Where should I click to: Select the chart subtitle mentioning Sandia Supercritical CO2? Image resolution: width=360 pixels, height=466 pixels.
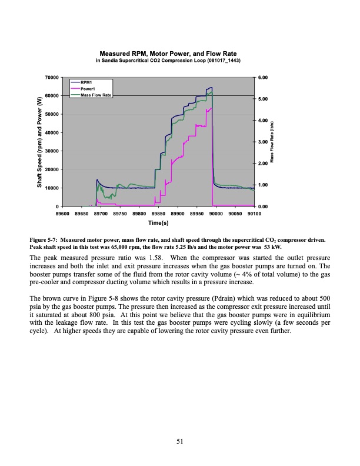(169, 61)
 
